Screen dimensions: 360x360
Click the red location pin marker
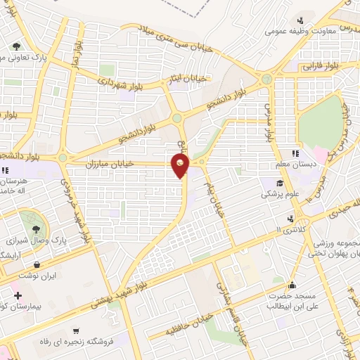[181, 166]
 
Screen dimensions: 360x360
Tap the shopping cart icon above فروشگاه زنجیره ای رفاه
[75, 330]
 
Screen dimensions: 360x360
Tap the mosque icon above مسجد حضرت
[292, 285]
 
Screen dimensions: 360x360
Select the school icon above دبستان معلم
[295, 153]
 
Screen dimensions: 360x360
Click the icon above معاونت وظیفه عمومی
[300, 20]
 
